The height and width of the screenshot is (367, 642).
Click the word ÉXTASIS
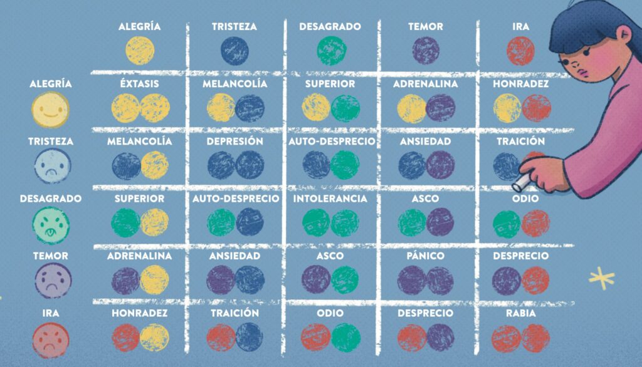pos(139,84)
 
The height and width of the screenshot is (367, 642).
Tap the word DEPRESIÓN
pos(234,142)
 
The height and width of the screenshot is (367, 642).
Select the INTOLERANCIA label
pos(330,199)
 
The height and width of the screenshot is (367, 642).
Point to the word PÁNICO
pos(426,256)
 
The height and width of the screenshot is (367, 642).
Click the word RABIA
pos(520,313)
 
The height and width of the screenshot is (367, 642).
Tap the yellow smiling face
pos(50,110)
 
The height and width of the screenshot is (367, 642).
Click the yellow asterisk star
pos(601,277)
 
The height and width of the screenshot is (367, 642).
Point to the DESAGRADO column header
pos(330,27)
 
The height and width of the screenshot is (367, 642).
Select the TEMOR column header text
pos(426,27)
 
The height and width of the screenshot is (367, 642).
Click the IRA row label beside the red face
pos(50,313)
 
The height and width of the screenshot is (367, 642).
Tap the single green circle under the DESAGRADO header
pos(330,50)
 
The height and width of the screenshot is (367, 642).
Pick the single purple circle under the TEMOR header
pos(426,50)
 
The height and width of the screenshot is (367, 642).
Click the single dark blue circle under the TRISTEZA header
pos(234,50)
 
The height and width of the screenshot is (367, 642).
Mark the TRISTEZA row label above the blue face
pos(50,142)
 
